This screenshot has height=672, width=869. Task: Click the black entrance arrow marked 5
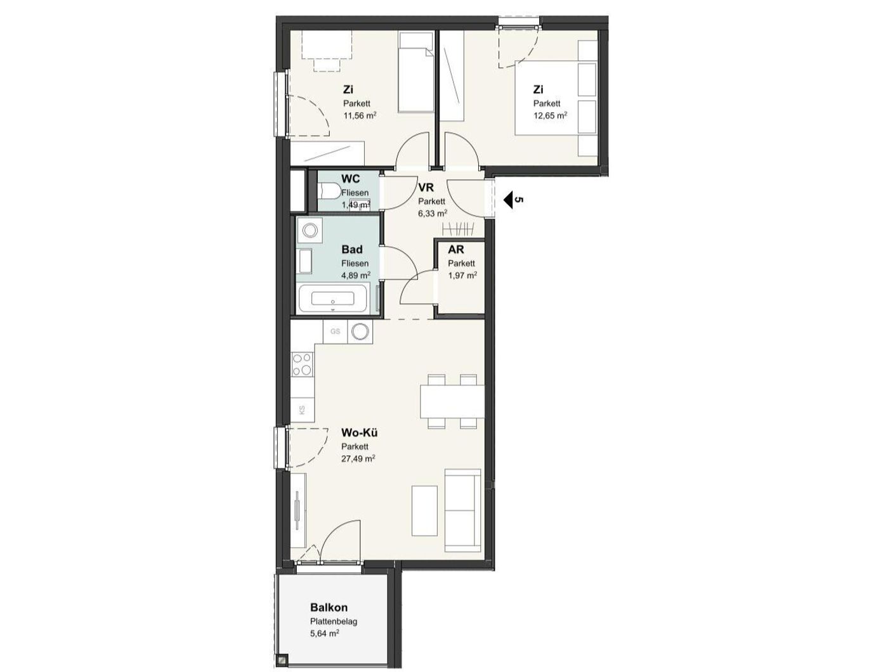509,200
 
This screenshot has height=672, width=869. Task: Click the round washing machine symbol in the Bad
310,231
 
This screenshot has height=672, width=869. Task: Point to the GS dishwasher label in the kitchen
335,331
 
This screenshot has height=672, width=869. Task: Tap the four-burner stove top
303,364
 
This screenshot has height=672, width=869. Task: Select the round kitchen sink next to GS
362,331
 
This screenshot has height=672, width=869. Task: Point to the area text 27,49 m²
358,458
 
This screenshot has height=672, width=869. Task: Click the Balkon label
329,607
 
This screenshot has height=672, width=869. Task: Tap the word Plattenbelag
334,622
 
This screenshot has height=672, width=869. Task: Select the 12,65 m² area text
550,116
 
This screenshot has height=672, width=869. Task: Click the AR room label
455,250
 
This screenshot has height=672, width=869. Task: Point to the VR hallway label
426,187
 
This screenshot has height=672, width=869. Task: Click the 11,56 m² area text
360,116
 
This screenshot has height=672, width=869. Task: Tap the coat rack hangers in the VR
459,229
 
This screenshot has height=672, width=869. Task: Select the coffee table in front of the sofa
424,511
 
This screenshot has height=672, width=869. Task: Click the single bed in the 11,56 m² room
416,72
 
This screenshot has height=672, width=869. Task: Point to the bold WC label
350,178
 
